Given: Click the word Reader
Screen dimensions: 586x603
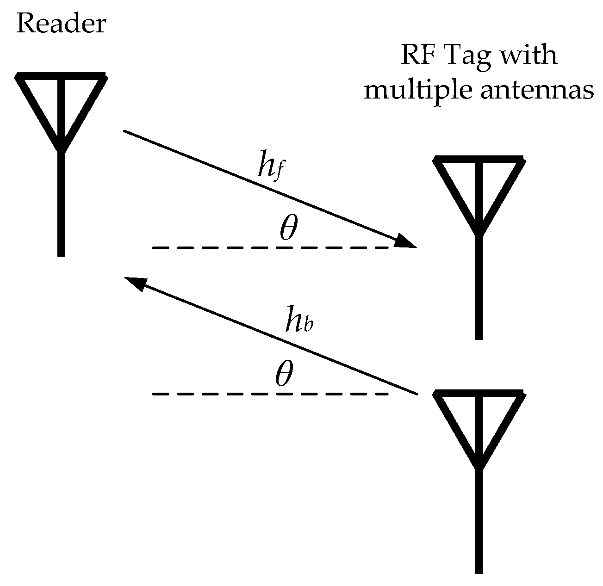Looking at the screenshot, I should pyautogui.click(x=61, y=24).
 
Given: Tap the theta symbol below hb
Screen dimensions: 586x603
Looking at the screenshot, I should pyautogui.click(x=284, y=375).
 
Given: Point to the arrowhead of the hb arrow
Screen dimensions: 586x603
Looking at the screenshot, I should pyautogui.click(x=134, y=282).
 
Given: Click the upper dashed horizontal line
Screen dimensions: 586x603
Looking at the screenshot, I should pyautogui.click(x=271, y=248).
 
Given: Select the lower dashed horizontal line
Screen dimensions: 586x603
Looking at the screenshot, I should pyautogui.click(x=271, y=394).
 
